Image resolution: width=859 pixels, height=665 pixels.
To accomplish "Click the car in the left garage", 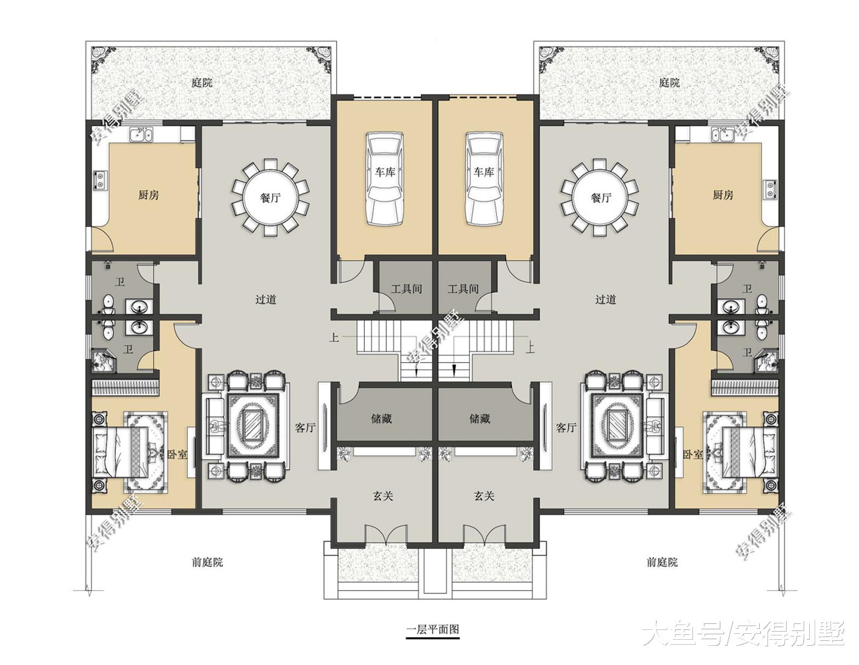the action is point(385,179).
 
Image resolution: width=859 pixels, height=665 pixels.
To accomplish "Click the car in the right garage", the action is point(484,179).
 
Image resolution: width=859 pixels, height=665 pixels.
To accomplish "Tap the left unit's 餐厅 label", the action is point(271,198).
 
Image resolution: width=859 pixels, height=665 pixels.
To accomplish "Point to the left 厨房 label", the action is point(148,195).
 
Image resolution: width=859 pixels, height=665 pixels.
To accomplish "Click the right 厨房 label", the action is point(723,195).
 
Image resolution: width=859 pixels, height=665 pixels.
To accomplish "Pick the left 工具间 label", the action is point(406,289).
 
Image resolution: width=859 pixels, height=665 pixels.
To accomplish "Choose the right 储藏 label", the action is point(480,419).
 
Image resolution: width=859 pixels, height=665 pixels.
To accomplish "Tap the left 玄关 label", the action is point(382,496).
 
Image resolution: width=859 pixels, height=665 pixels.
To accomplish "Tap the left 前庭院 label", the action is point(207,562).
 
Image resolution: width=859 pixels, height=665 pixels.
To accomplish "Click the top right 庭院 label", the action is point(669,83).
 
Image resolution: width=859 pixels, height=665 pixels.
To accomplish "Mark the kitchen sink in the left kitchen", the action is point(141,135).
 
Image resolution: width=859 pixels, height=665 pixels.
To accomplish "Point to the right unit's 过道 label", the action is point(605,300).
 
